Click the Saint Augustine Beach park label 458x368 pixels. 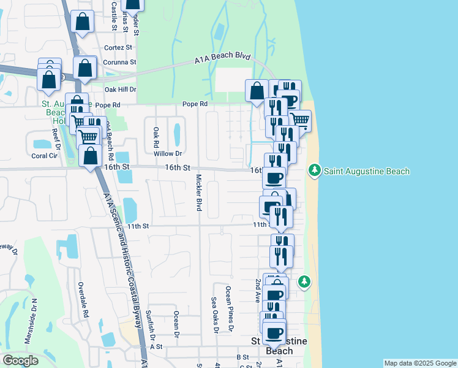point(366,171)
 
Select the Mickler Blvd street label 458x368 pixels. point(199,193)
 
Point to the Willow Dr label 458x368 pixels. point(169,153)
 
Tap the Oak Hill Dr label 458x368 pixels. point(120,89)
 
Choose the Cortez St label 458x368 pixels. point(119,47)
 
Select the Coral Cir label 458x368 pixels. point(44,155)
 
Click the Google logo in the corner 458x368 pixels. point(20,361)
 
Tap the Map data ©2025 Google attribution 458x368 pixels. point(419,363)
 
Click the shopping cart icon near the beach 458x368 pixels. point(299,120)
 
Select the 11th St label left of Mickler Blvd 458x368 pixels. point(138,226)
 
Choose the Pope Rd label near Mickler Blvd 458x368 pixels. point(195,104)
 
